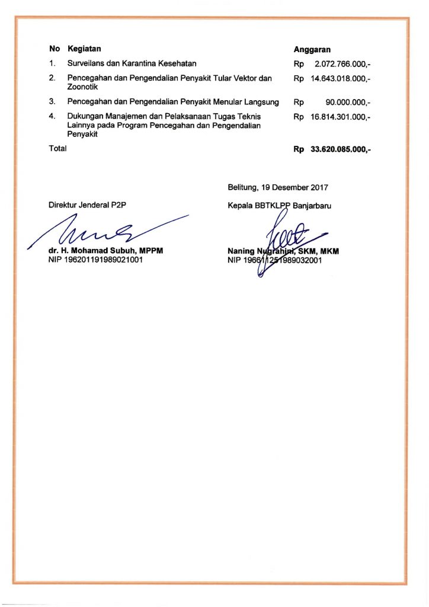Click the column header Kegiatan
point(84,49)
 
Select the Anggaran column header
point(312,50)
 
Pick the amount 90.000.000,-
point(348,103)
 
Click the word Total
point(57,149)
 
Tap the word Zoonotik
point(82,87)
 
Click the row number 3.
point(52,102)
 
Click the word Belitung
point(242,187)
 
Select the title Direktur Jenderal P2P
point(88,205)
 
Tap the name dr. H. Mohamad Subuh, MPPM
point(105,251)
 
